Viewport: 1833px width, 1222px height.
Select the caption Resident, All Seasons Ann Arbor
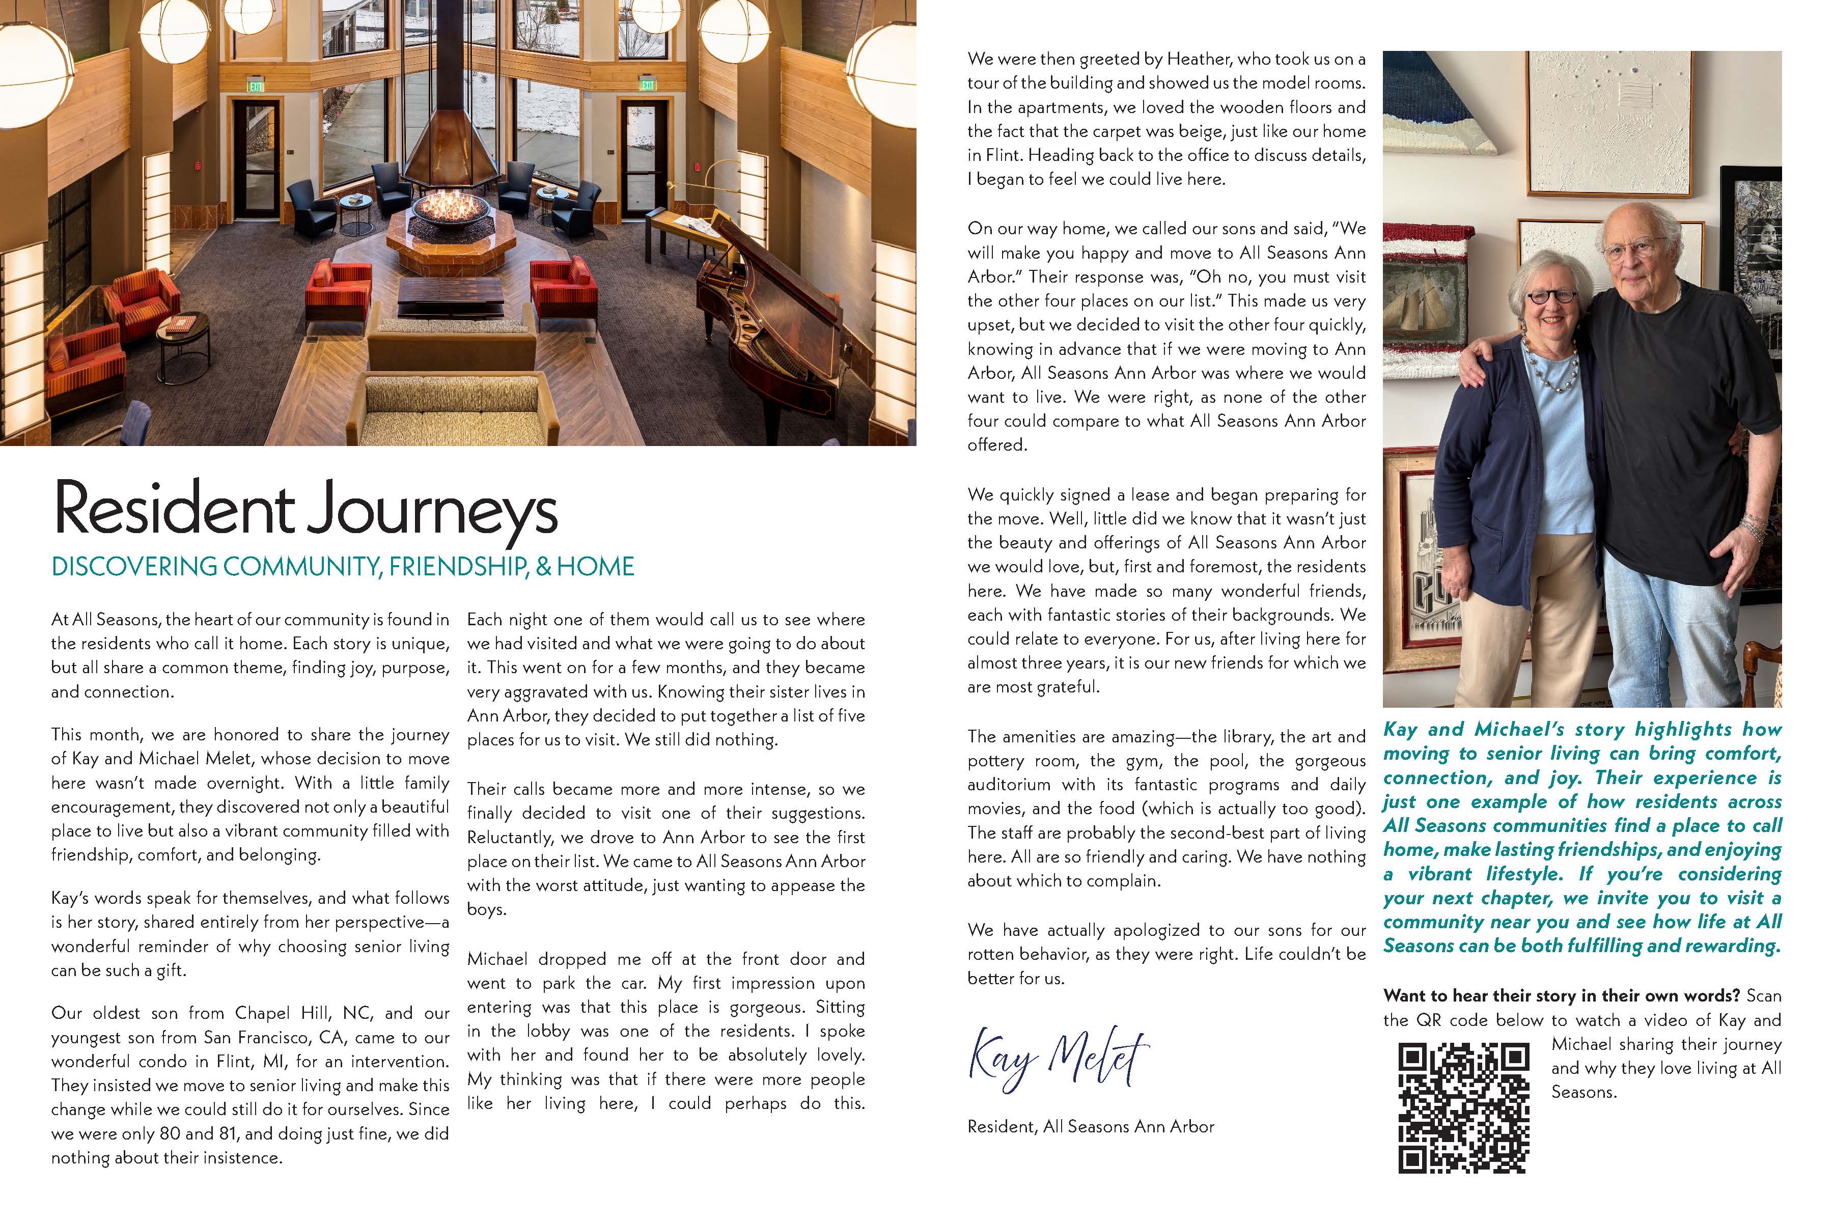coord(1090,1126)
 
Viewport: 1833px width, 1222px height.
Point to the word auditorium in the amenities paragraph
coord(1010,785)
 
